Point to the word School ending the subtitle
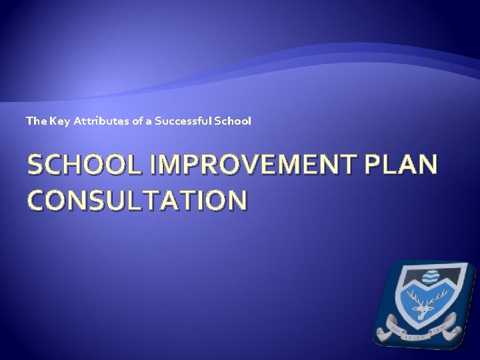[234, 121]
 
